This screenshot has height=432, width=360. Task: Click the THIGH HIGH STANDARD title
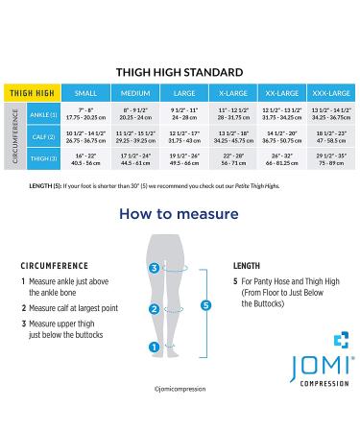pyautogui.click(x=180, y=71)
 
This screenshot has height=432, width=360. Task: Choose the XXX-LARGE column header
pyautogui.click(x=327, y=94)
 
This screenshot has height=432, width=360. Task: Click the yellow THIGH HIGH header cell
pyautogui.click(x=32, y=94)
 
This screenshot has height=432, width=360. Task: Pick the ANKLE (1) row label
pyautogui.click(x=42, y=115)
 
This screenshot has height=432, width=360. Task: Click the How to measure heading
pyautogui.click(x=180, y=214)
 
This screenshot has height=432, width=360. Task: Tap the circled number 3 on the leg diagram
pyautogui.click(x=154, y=270)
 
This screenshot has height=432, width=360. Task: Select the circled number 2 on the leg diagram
pyautogui.click(x=154, y=309)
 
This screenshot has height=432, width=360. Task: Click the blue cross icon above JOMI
pyautogui.click(x=338, y=339)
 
